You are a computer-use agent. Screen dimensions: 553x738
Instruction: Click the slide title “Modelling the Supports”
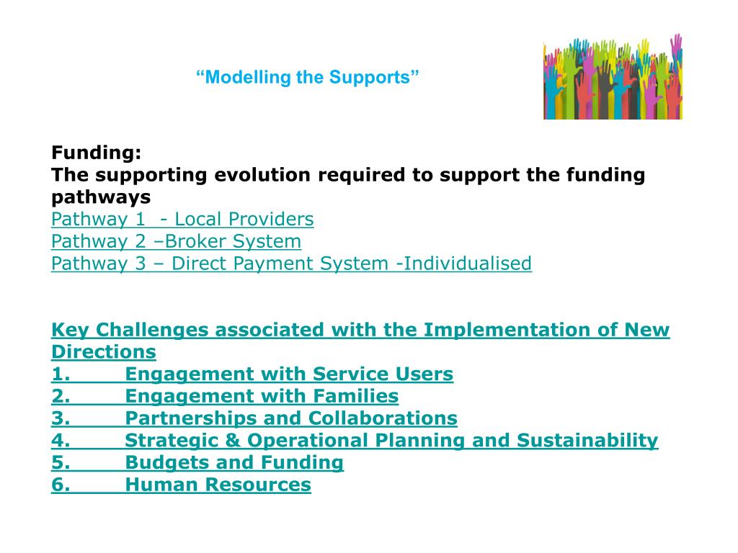tap(308, 77)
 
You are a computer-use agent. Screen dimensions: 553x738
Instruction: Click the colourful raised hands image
tap(613, 77)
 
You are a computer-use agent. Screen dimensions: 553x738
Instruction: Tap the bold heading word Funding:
tap(97, 153)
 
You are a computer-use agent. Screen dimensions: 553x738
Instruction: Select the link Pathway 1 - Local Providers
tap(182, 219)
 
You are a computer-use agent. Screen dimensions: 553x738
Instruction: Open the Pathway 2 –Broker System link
tap(176, 241)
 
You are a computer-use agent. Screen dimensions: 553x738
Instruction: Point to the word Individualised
tap(467, 264)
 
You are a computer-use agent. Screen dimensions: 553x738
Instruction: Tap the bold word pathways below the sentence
tap(101, 197)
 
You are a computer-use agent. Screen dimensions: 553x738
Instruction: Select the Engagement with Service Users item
tap(289, 374)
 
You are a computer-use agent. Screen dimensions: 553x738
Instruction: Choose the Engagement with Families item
tap(262, 397)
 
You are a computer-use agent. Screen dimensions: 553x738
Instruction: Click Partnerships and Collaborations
tap(291, 418)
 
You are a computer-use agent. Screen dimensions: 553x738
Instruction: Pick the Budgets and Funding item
tap(234, 463)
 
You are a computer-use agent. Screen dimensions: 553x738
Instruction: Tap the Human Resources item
tap(218, 485)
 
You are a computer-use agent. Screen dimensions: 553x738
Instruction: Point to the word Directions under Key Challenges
tap(103, 352)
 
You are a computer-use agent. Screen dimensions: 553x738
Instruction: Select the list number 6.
tap(61, 485)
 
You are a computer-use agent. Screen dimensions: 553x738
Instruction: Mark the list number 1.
tap(61, 374)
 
